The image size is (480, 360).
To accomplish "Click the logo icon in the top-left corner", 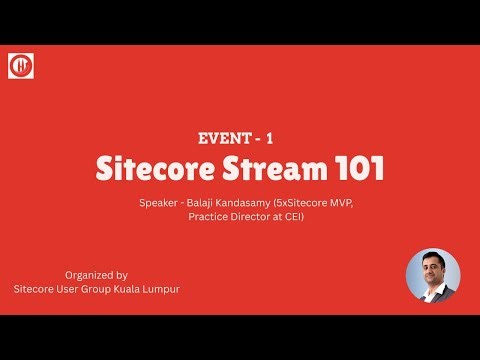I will pos(21,66).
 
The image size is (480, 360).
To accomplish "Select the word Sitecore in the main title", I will pos(151,169).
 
